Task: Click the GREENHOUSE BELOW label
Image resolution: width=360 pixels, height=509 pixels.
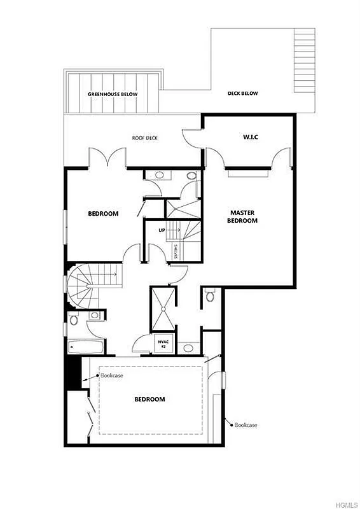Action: pyautogui.click(x=112, y=94)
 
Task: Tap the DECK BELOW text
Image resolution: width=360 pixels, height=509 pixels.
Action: pyautogui.click(x=242, y=94)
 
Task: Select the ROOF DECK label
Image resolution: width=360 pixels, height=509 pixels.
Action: pyautogui.click(x=144, y=138)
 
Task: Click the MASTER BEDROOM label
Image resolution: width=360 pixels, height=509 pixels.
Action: pyautogui.click(x=243, y=216)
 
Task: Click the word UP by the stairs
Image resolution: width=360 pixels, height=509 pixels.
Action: pyautogui.click(x=162, y=230)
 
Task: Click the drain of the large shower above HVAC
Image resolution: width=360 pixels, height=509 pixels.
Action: pyautogui.click(x=163, y=310)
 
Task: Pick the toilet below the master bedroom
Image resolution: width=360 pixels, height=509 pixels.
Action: pyautogui.click(x=211, y=293)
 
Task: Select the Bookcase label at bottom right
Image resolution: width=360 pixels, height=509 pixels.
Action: pyautogui.click(x=246, y=424)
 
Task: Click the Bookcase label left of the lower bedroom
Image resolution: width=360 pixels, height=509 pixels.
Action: pyautogui.click(x=111, y=375)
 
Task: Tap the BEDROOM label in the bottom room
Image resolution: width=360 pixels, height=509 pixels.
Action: pyautogui.click(x=149, y=399)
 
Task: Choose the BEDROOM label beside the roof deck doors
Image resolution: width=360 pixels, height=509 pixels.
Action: pyautogui.click(x=103, y=214)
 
